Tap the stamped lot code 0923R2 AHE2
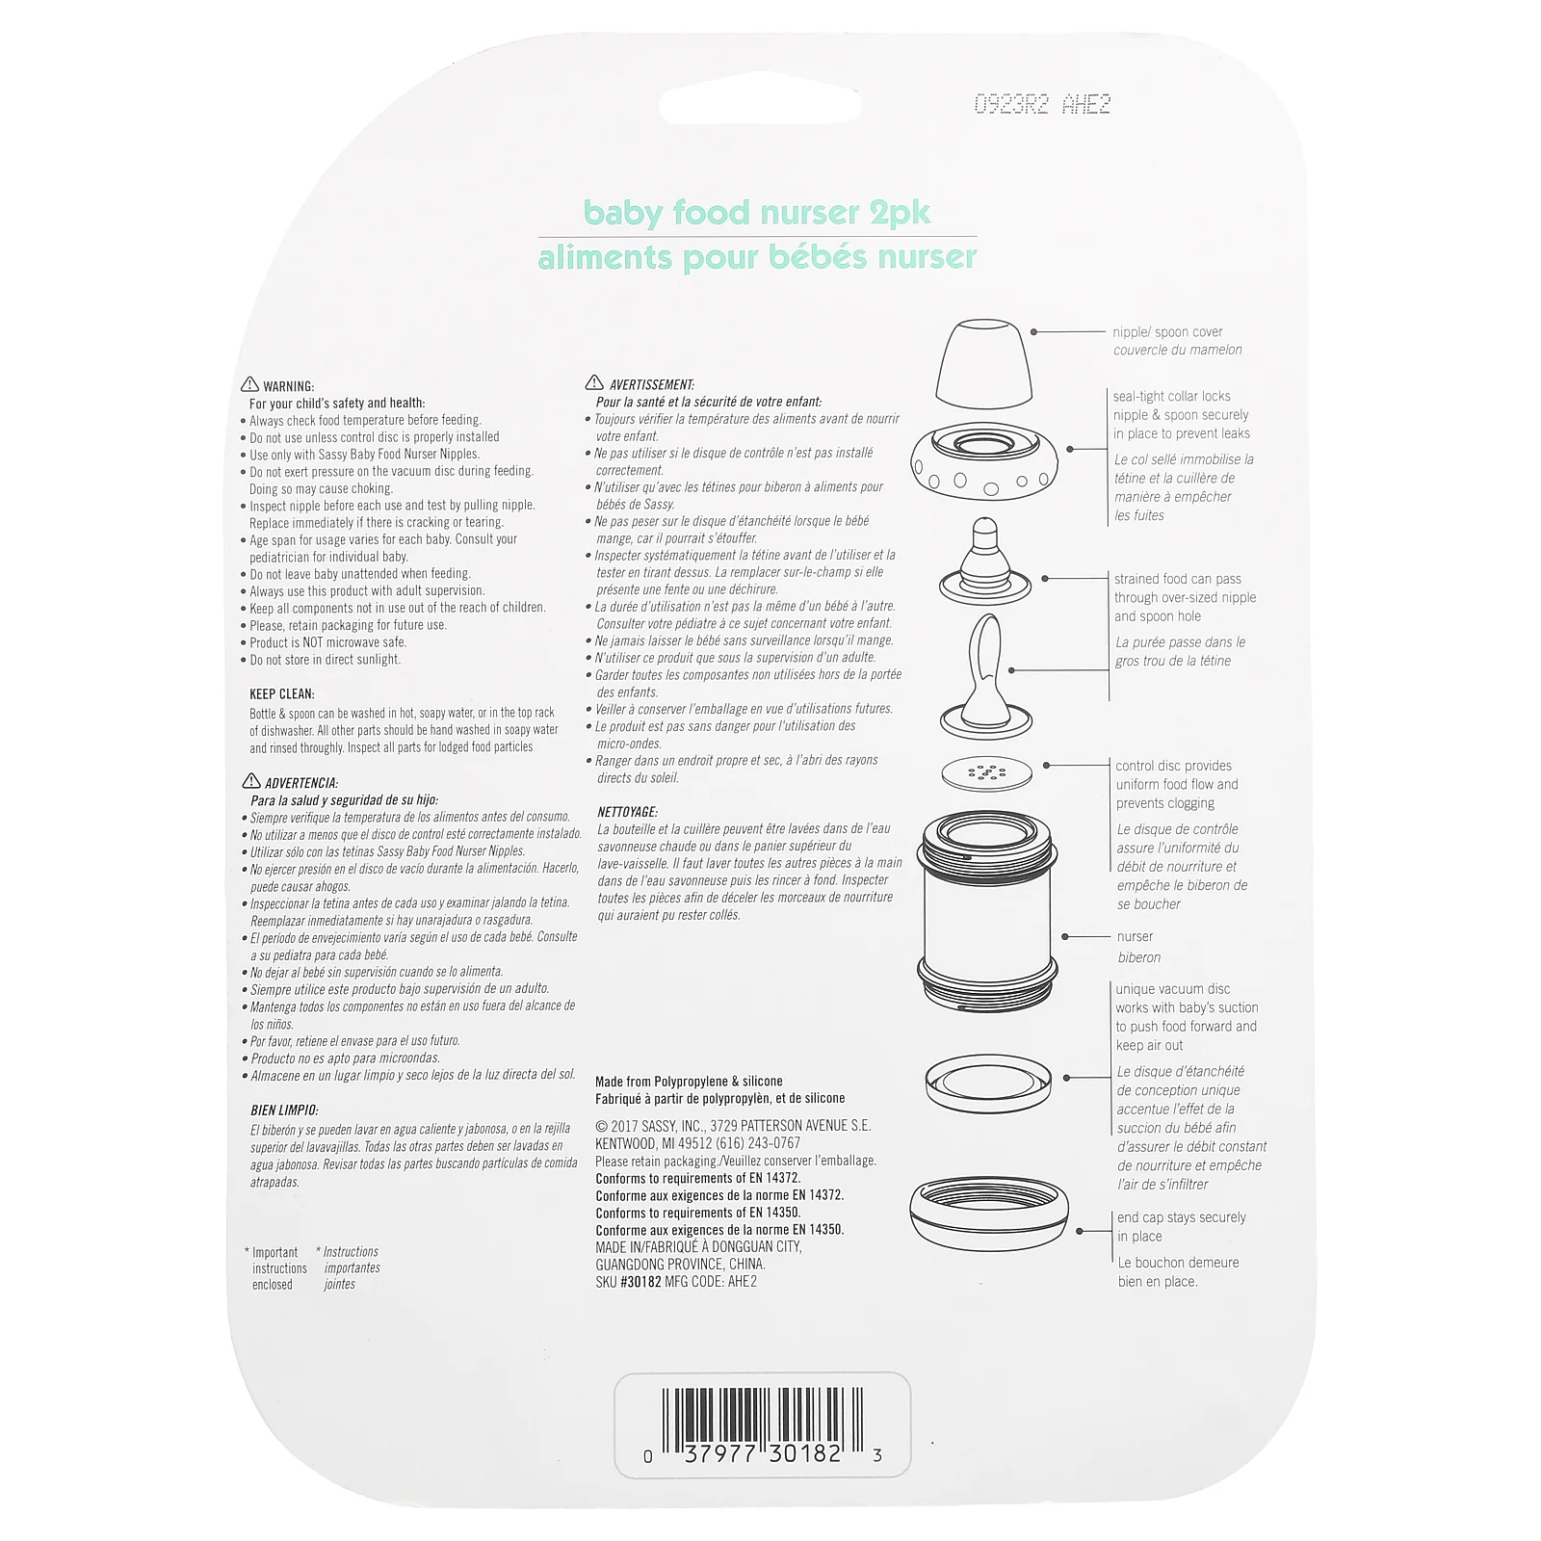click(1042, 104)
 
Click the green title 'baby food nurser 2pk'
click(757, 212)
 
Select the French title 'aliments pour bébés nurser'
click(757, 257)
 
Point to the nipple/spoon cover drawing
click(983, 364)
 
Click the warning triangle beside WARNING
click(249, 384)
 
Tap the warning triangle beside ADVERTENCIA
click(251, 781)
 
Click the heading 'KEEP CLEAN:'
click(282, 693)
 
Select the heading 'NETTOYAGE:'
click(628, 812)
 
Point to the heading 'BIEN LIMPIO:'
click(284, 1110)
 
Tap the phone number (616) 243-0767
click(758, 1143)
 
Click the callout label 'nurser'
click(1135, 937)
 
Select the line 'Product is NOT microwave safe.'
click(328, 642)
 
